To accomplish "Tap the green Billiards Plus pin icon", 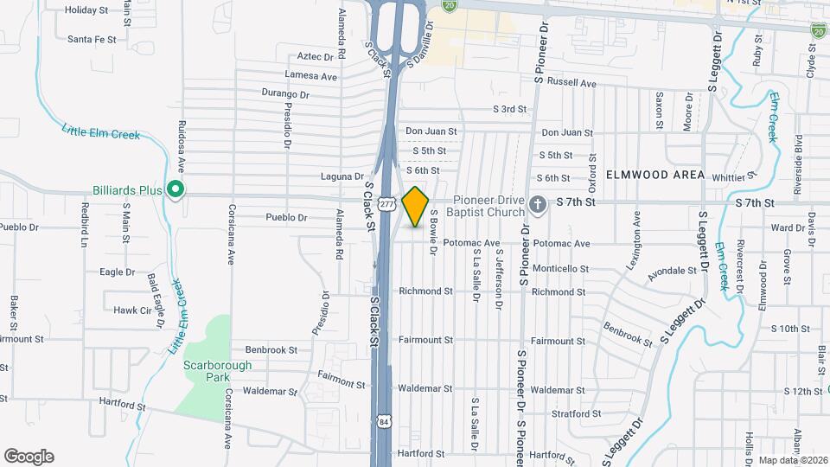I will pyautogui.click(x=175, y=189).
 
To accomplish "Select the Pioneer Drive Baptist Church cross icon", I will pyautogui.click(x=537, y=205).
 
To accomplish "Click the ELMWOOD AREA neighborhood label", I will pyautogui.click(x=654, y=175).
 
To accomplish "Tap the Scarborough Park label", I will pyautogui.click(x=217, y=371).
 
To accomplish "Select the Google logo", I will pyautogui.click(x=29, y=457).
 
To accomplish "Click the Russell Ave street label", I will pyautogui.click(x=578, y=84).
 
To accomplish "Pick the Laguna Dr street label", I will pyautogui.click(x=338, y=176).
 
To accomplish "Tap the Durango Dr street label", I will pyautogui.click(x=285, y=93).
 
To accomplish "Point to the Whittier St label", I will pyautogui.click(x=734, y=176).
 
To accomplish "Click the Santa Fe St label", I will pyautogui.click(x=91, y=39).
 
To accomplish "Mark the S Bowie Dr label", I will pyautogui.click(x=434, y=229).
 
